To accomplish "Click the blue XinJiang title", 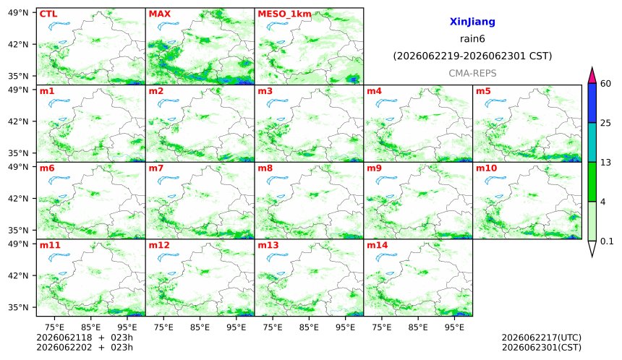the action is tap(472, 22).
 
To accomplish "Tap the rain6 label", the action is tap(472, 39).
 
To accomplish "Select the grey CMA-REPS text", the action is tap(472, 73).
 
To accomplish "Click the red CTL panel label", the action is tap(48, 14).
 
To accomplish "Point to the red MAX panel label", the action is tap(159, 14).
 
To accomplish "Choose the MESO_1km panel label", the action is tap(284, 14).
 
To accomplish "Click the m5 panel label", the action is tap(483, 91).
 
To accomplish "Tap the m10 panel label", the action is tap(486, 168).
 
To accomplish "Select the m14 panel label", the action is tap(378, 245).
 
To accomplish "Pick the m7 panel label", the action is tap(156, 168).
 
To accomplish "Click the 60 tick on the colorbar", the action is tap(605, 84).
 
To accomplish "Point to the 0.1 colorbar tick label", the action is tap(607, 241).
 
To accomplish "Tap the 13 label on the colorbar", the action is tap(605, 162).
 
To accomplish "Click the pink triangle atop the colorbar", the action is tap(592, 75).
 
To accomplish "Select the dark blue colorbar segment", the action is tap(592, 103).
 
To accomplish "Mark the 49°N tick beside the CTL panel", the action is tap(18, 13).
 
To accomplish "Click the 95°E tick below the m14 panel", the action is tap(454, 327).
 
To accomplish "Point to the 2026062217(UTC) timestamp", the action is tap(542, 338).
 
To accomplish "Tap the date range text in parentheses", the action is tap(472, 56).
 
